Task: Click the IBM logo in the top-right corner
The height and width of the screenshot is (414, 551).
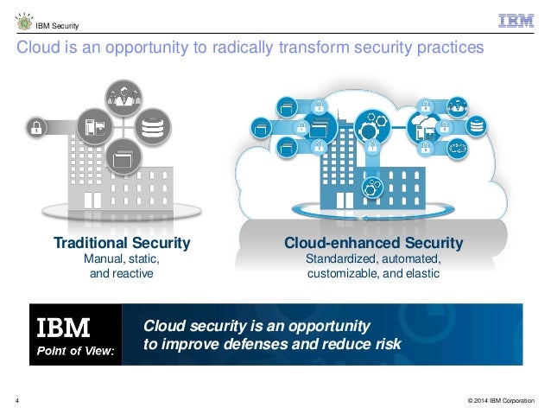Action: pyautogui.click(x=516, y=22)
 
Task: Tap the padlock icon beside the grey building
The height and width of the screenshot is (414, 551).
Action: pyautogui.click(x=37, y=129)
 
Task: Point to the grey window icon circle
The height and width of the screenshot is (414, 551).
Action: pyautogui.click(x=122, y=158)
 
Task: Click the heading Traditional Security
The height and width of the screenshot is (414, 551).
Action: pyautogui.click(x=122, y=243)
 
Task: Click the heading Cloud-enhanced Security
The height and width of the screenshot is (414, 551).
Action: pyautogui.click(x=374, y=243)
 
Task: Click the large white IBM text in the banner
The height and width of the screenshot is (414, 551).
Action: pyautogui.click(x=62, y=328)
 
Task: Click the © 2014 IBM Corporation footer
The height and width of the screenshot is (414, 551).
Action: pyautogui.click(x=500, y=399)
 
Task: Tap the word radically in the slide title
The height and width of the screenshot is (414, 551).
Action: pyautogui.click(x=229, y=48)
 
